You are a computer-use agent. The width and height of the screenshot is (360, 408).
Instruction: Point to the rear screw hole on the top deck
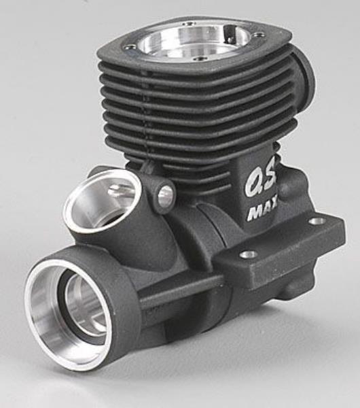186,24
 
